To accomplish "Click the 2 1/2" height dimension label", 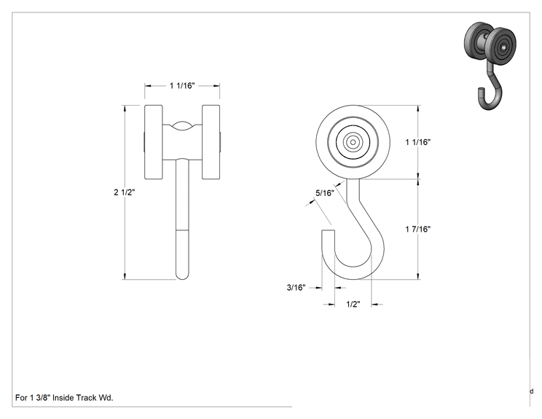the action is pyautogui.click(x=124, y=192).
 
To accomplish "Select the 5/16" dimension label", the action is pyautogui.click(x=325, y=193).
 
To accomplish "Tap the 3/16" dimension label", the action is pyautogui.click(x=296, y=287).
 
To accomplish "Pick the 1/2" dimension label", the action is pyautogui.click(x=353, y=304).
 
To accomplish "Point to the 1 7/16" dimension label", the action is pyautogui.click(x=418, y=229).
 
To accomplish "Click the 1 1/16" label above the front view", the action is pyautogui.click(x=182, y=85).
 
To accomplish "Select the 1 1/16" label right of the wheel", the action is pyautogui.click(x=418, y=142).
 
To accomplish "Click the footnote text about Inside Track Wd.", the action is pyautogui.click(x=64, y=398).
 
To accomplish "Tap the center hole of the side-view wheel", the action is pyautogui.click(x=353, y=142).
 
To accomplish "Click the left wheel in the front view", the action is pyautogui.click(x=154, y=142).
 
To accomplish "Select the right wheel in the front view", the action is pyautogui.click(x=211, y=142).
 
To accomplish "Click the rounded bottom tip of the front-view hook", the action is pyautogui.click(x=183, y=276).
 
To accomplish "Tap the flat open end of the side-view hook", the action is pyautogui.click(x=329, y=230).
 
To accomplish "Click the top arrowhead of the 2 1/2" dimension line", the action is pyautogui.click(x=124, y=108).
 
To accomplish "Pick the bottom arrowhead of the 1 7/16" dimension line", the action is pyautogui.click(x=419, y=277).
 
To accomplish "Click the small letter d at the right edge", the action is pyautogui.click(x=532, y=391).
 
